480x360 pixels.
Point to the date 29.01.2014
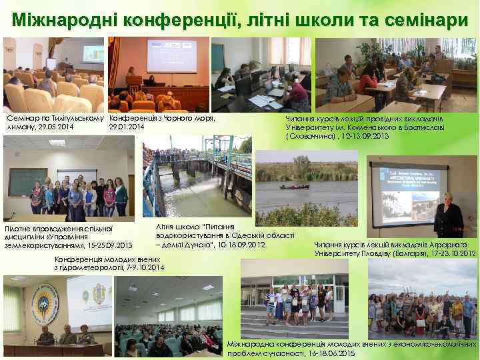(126, 127)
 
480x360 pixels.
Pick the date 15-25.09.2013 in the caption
(107, 246)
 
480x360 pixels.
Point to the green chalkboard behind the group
(27, 181)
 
